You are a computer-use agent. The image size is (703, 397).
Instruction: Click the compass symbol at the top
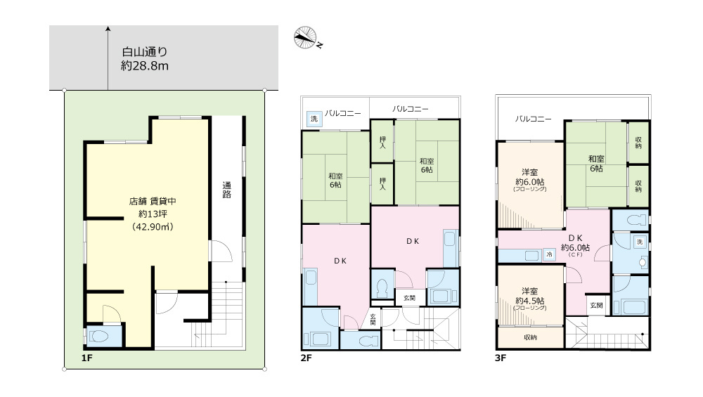305,38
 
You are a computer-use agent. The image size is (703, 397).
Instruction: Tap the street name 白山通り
144,52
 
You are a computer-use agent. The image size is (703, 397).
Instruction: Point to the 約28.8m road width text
144,66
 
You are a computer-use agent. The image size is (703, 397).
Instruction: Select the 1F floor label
86,358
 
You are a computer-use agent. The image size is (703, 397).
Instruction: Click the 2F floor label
306,358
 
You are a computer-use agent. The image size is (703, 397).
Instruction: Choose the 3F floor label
501,358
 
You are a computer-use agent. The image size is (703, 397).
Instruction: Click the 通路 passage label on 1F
227,190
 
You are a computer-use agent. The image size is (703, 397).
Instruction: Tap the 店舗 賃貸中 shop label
153,202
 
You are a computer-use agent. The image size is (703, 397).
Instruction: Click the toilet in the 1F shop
98,336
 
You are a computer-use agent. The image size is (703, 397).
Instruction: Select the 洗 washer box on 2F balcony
314,119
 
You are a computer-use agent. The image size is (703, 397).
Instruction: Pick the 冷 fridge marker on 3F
549,254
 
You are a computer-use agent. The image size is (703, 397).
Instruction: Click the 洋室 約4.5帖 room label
530,297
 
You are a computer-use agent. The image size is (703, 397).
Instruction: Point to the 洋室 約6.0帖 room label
530,178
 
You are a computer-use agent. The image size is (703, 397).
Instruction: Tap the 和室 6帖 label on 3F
596,164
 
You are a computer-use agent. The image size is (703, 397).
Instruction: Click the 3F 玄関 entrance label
596,306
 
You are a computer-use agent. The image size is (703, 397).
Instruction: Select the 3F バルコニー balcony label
533,119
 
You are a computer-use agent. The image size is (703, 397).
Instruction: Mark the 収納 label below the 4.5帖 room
530,337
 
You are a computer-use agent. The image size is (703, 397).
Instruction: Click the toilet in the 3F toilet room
636,221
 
